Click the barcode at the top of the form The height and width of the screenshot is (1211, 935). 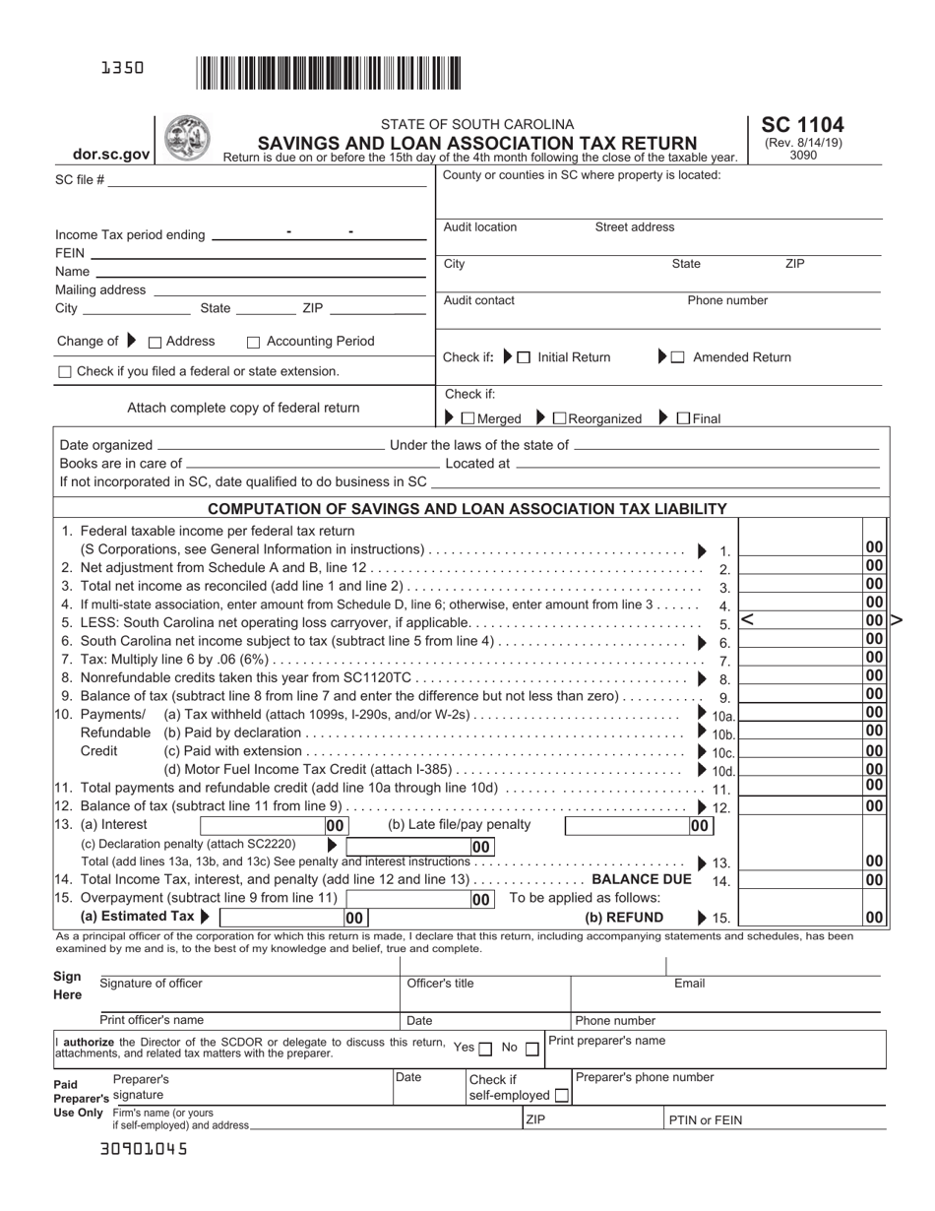329,74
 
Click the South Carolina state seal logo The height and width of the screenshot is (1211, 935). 186,138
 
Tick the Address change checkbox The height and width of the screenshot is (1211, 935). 155,343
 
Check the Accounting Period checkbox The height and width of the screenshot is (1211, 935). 253,343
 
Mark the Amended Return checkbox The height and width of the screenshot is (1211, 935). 678,357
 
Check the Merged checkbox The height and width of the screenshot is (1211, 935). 467,418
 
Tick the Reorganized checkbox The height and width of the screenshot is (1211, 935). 559,418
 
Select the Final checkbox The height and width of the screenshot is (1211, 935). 684,418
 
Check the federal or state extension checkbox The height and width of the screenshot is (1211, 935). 66,372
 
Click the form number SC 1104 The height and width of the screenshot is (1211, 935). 802,126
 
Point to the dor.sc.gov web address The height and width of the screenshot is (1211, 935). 111,155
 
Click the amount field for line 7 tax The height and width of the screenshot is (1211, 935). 799,658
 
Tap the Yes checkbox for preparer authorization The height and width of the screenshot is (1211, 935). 485,1050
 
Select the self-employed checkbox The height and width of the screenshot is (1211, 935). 561,1095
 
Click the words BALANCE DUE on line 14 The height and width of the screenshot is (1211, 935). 642,879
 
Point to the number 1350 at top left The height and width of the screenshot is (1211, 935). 122,68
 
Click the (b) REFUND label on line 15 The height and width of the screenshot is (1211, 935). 624,917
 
